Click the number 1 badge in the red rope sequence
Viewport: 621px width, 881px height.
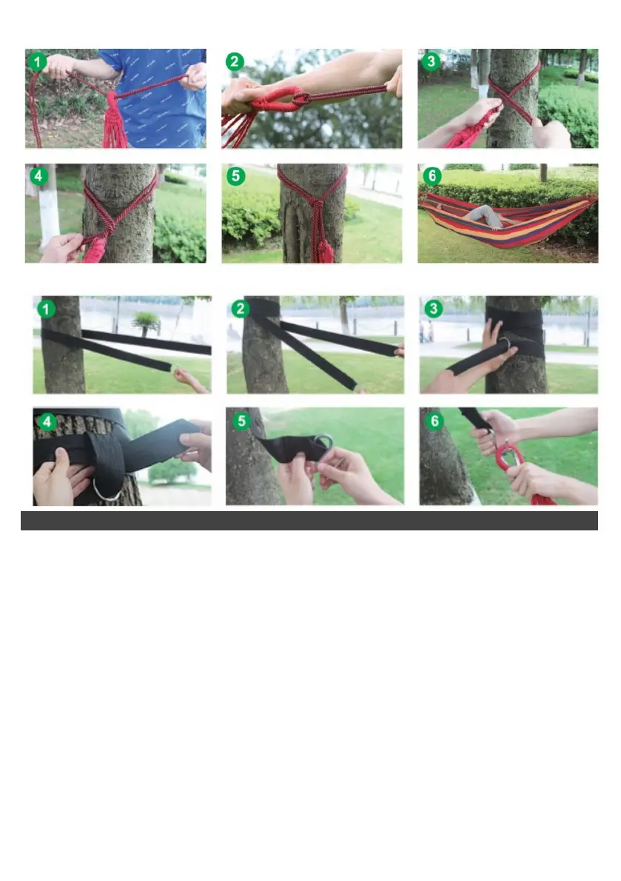point(38,62)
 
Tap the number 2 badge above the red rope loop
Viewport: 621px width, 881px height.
point(235,62)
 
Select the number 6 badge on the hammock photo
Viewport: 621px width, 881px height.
point(432,176)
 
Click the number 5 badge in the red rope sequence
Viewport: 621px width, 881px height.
point(235,176)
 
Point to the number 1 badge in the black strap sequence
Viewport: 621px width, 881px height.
point(46,309)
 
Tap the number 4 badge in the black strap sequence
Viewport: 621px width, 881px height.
point(47,422)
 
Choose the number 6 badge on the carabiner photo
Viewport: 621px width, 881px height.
point(434,422)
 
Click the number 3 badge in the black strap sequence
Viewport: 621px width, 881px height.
point(433,308)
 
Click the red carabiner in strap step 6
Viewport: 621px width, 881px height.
point(508,461)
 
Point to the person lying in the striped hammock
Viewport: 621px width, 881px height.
point(483,217)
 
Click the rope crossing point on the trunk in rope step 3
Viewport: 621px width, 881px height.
point(512,95)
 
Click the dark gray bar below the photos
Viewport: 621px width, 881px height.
point(309,520)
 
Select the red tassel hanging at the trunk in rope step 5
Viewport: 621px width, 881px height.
point(324,242)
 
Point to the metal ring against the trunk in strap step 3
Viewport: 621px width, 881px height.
point(504,345)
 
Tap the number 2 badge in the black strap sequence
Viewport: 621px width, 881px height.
point(240,308)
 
